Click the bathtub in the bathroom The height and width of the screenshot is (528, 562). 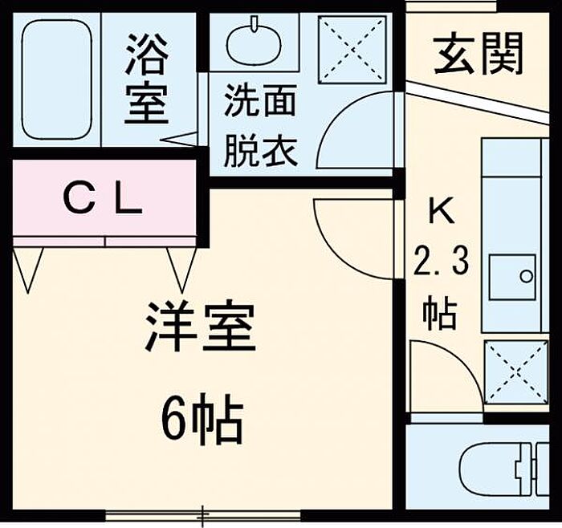tap(57, 79)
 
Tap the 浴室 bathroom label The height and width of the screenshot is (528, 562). tap(147, 79)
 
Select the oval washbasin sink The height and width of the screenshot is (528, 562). tap(255, 42)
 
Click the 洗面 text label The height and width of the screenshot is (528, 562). tap(261, 100)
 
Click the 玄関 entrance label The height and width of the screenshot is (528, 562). tap(479, 54)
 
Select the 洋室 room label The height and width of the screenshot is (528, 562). tap(201, 327)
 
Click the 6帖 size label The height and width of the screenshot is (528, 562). tap(202, 419)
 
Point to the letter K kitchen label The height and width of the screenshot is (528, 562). tap(442, 211)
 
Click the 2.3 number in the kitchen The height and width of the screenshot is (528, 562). tap(442, 261)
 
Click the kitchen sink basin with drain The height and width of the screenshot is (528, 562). tap(512, 277)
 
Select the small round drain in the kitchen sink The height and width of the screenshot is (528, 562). tap(526, 277)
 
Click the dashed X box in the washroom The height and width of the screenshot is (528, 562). tap(352, 50)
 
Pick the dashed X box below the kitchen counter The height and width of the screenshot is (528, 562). tap(516, 372)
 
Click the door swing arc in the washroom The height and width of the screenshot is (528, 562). tap(331, 118)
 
